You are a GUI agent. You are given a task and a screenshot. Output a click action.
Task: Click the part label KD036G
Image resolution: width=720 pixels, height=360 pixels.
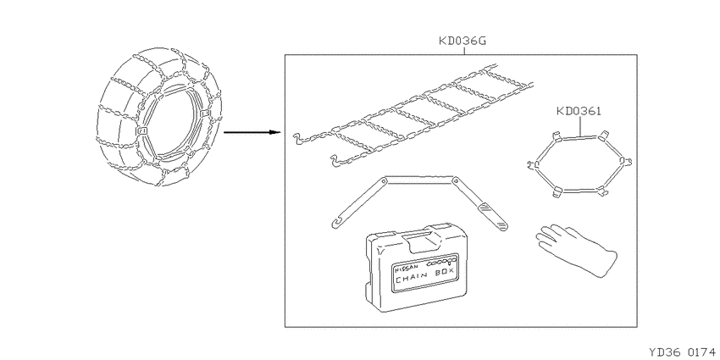click(x=462, y=42)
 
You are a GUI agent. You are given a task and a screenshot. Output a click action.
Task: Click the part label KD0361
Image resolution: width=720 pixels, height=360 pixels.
click(x=579, y=111)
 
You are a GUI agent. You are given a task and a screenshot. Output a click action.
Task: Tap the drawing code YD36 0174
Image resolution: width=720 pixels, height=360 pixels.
click(x=682, y=352)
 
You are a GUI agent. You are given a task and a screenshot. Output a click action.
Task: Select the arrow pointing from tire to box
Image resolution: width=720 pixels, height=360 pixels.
click(x=252, y=133)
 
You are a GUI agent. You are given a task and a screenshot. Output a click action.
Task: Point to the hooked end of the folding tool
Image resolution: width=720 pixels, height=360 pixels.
click(x=335, y=224)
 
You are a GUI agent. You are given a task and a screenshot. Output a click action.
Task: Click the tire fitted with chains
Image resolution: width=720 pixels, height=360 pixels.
click(x=159, y=116)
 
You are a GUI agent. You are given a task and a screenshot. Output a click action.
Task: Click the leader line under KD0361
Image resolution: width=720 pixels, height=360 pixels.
click(x=581, y=126)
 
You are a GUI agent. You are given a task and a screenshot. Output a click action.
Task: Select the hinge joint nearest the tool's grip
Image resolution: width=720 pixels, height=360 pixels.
click(x=457, y=181)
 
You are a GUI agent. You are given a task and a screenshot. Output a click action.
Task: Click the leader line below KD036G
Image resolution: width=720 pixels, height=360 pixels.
click(x=463, y=51)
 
